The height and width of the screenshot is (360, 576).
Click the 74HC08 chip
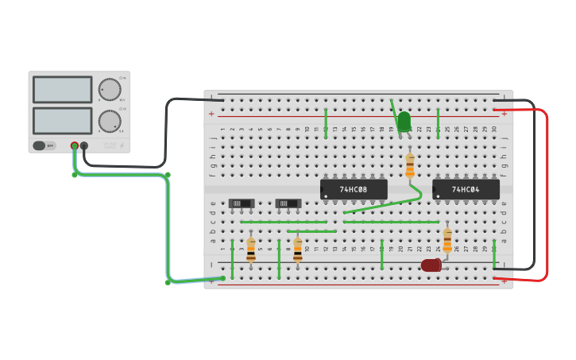[x=354, y=189]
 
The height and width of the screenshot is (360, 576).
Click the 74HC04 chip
[x=466, y=189]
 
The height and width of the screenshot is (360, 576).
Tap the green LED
[x=404, y=122]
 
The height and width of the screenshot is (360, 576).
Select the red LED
[x=431, y=265]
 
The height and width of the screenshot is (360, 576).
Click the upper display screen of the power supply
[x=62, y=89]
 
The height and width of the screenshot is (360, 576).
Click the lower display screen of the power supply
[x=62, y=120]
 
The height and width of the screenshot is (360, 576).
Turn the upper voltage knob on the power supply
[x=109, y=89]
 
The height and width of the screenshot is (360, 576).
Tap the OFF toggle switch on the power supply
[x=44, y=145]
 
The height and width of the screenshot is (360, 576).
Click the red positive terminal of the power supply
[x=75, y=146]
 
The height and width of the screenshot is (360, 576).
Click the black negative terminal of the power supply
[x=84, y=146]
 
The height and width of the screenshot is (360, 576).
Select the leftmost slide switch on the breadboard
[x=241, y=203]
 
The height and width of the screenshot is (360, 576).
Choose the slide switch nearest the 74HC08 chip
[x=288, y=203]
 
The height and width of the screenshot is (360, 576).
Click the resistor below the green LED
[x=410, y=165]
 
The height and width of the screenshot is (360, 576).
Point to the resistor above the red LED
[x=447, y=240]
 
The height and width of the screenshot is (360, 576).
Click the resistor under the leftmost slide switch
[x=251, y=250]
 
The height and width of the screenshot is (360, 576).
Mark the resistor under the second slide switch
[x=298, y=250]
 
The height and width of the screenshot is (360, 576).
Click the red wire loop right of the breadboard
[x=547, y=195]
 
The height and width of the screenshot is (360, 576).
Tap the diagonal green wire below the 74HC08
[x=381, y=204]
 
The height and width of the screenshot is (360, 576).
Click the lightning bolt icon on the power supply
[x=122, y=145]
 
